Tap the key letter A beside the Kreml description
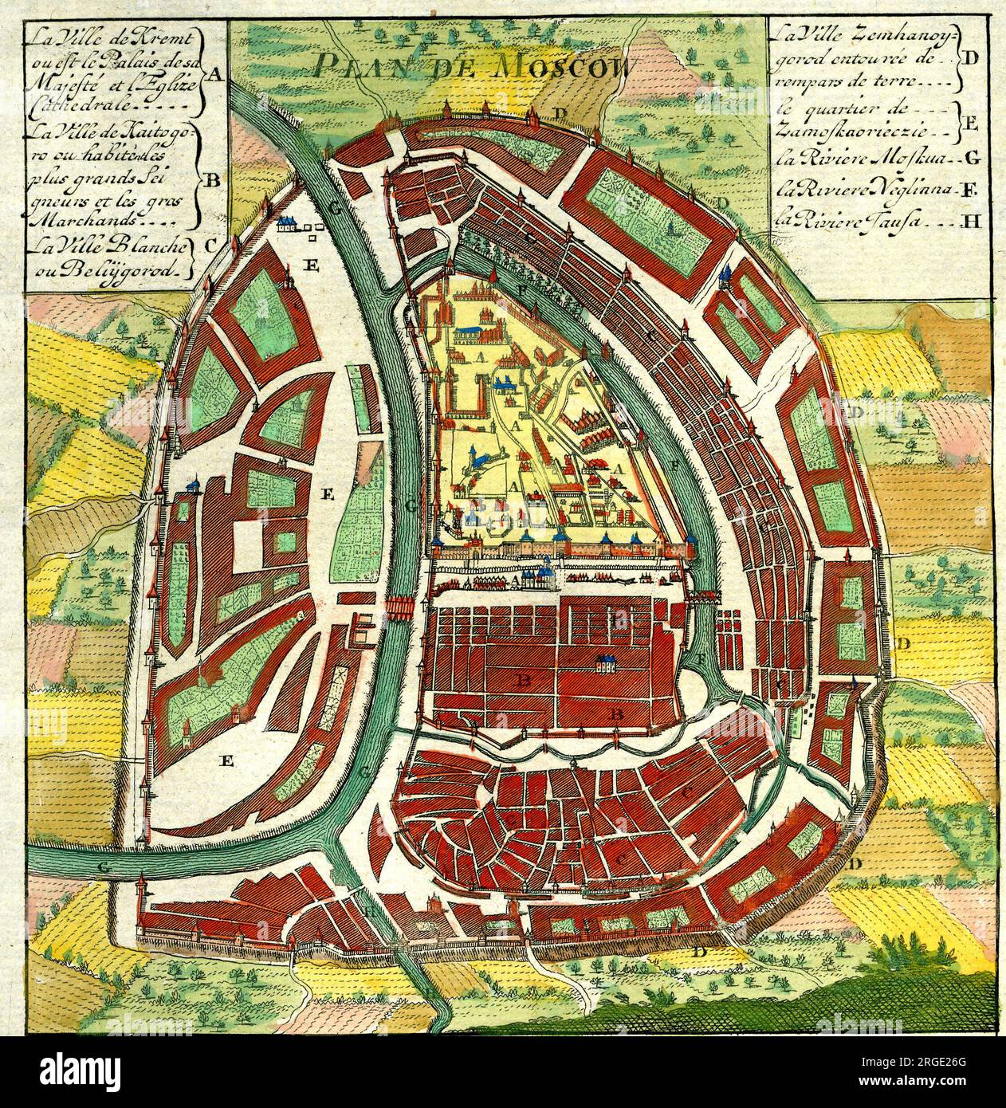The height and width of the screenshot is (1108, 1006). point(213,74)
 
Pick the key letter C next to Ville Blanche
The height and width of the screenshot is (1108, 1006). point(210,246)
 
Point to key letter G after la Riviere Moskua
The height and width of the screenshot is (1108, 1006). point(971,157)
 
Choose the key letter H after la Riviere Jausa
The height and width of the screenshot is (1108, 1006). point(970,222)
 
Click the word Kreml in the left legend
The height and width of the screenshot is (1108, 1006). point(166,38)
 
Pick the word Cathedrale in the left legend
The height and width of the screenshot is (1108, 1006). point(64,102)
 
